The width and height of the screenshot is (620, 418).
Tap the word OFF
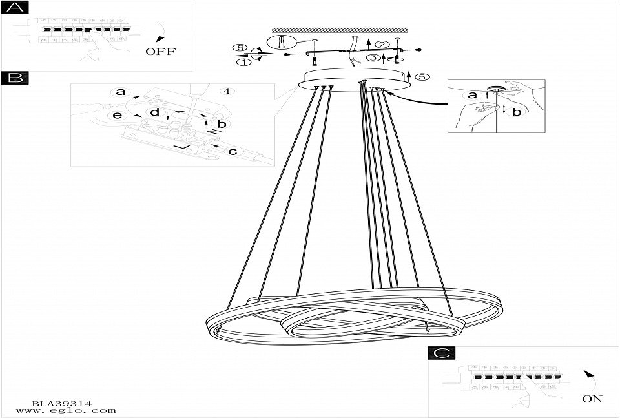click(160, 52)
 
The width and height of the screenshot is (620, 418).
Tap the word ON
click(592, 399)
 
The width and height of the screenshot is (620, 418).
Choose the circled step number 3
click(373, 57)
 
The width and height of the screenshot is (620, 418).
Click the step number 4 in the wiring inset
click(226, 90)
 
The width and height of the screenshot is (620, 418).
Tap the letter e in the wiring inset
click(118, 115)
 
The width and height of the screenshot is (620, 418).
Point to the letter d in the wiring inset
click(155, 112)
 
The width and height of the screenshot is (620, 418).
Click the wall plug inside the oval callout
click(282, 43)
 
